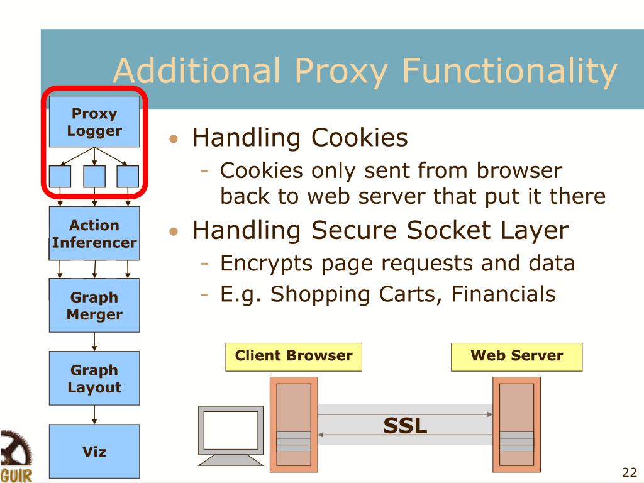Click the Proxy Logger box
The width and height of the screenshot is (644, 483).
pos(94,122)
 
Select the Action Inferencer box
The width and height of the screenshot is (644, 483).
pos(94,233)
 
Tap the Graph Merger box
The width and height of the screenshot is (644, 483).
pos(94,305)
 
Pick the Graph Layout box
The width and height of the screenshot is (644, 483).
pos(94,378)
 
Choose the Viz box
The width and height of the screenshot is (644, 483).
pos(94,451)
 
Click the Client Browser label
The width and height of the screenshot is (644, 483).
pos(294,356)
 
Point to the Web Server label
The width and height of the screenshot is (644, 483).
pos(516,356)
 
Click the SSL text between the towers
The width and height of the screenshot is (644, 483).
pos(405,426)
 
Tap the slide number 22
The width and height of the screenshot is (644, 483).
pos(629,473)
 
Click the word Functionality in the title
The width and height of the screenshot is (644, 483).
pos(509,70)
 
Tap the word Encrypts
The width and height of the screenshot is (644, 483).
pos(266,263)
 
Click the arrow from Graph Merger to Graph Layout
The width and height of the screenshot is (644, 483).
pos(94,341)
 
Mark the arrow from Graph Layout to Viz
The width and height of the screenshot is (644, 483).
pos(94,414)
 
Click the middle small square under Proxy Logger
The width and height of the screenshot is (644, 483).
pos(94,176)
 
